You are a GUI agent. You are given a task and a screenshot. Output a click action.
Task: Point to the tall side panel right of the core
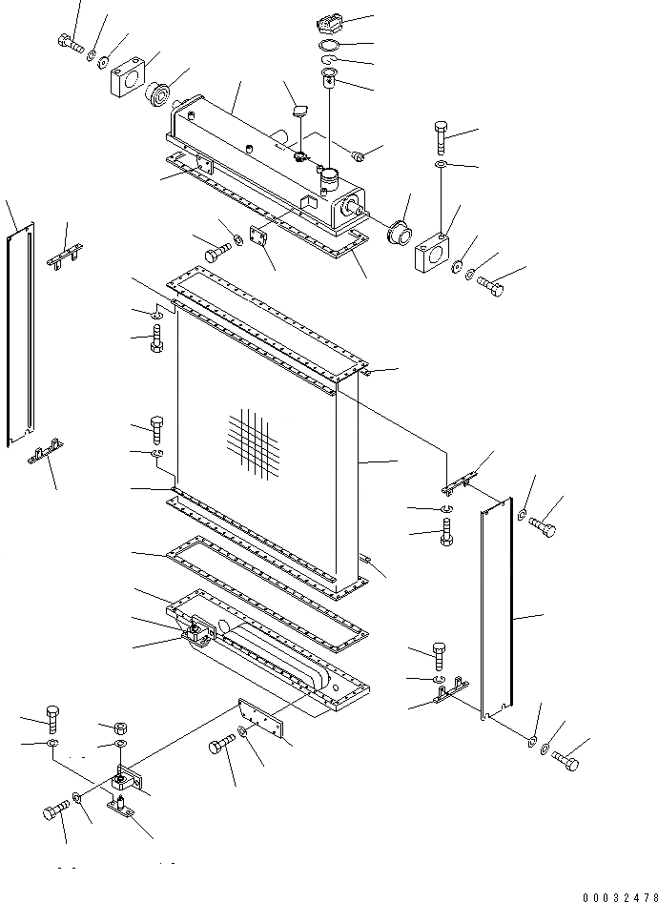pyautogui.click(x=497, y=610)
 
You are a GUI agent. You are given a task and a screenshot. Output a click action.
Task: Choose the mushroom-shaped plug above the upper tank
pyautogui.click(x=298, y=114)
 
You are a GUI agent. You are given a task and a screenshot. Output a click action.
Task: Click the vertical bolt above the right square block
pyautogui.click(x=442, y=139)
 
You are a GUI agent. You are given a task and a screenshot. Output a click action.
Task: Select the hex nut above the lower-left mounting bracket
pyautogui.click(x=120, y=728)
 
